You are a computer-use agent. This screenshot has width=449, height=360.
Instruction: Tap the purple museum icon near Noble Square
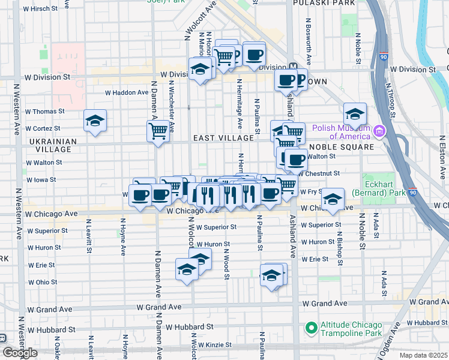click(379, 131)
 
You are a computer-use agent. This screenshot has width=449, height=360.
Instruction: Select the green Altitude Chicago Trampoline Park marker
click(311, 328)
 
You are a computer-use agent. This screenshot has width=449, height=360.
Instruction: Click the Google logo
click(20, 353)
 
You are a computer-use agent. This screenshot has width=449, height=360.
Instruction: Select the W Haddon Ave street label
click(126, 92)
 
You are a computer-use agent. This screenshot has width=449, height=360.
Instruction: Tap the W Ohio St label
click(42, 282)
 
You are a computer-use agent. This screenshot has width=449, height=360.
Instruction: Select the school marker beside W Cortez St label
click(95, 121)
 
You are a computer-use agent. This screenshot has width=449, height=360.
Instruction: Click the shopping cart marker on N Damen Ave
click(158, 131)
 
